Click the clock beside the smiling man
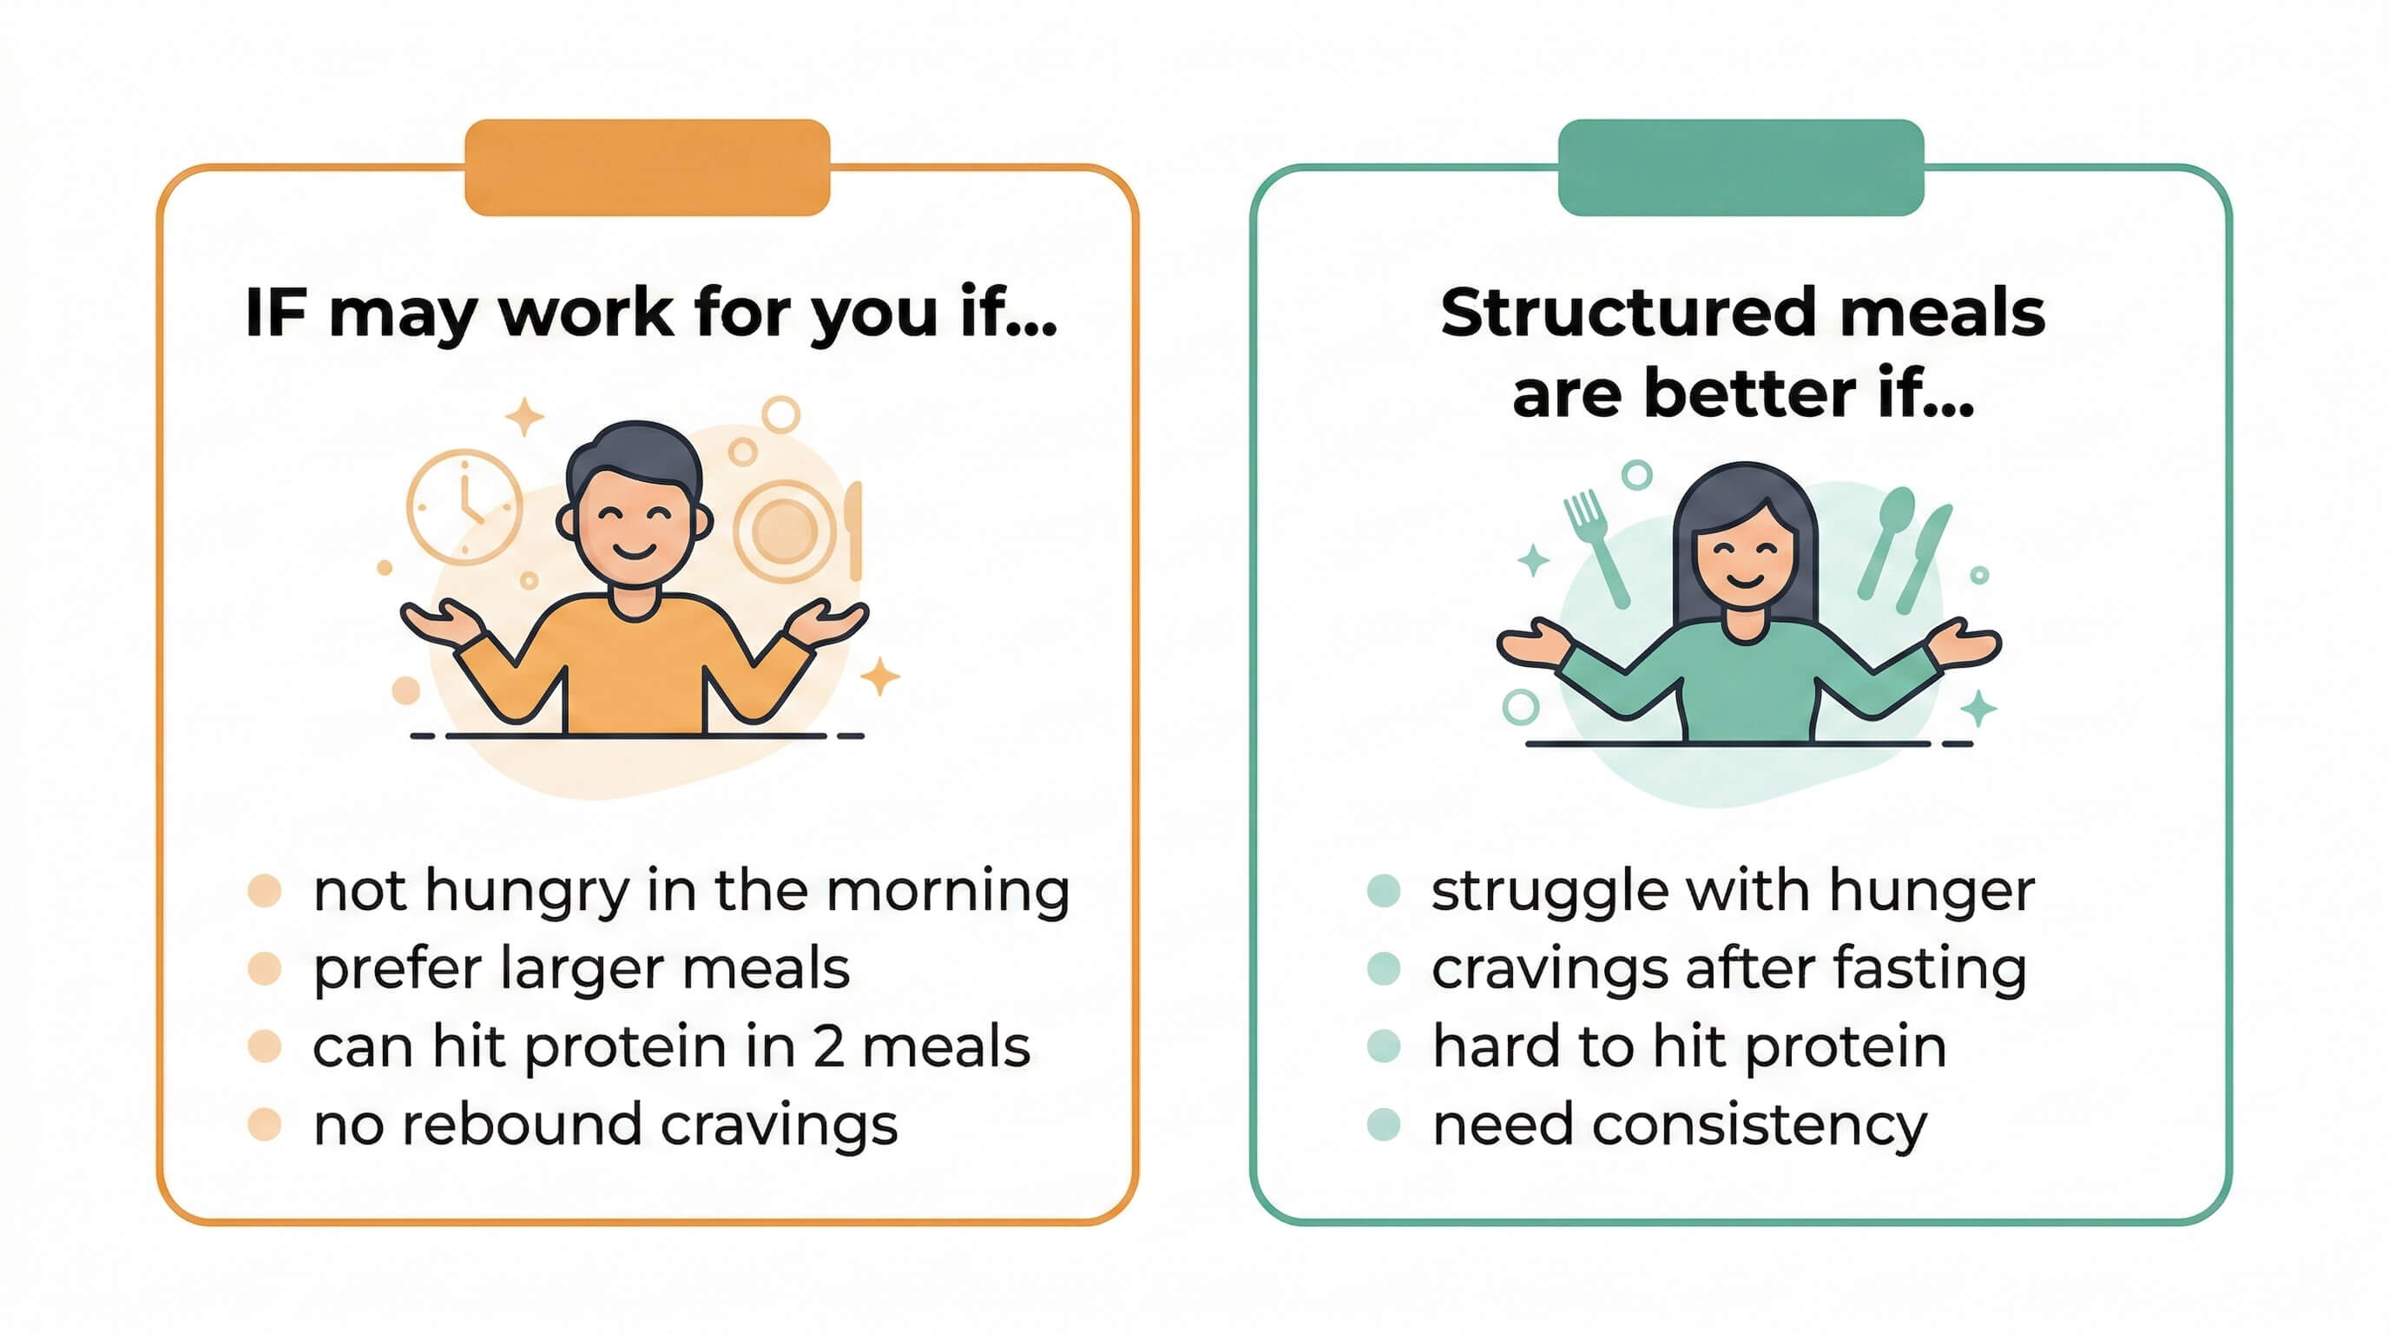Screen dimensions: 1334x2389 (464, 507)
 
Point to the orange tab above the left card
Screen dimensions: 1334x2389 (647, 167)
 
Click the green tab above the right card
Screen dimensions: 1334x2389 (1740, 167)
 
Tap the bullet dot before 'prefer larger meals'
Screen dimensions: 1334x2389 (264, 968)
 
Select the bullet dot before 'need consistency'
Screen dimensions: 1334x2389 (1383, 1125)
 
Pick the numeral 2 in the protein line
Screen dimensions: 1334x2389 (828, 1047)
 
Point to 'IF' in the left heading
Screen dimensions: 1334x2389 (275, 313)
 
